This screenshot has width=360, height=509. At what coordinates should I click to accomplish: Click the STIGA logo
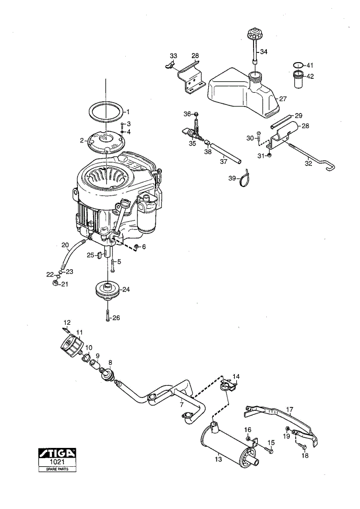click(58, 453)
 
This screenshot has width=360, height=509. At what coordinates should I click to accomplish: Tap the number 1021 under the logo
click(58, 462)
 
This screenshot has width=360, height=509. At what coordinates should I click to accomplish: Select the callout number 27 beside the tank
click(283, 98)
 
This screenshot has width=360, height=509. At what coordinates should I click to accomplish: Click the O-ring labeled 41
click(299, 65)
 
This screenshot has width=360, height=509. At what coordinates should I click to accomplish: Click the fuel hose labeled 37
click(226, 152)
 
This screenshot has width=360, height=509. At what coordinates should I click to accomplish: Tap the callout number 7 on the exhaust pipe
click(181, 405)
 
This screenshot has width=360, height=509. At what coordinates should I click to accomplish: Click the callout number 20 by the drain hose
click(65, 245)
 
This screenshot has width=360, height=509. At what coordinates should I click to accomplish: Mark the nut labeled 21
click(55, 284)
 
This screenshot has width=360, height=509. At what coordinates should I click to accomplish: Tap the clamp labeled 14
click(229, 386)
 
